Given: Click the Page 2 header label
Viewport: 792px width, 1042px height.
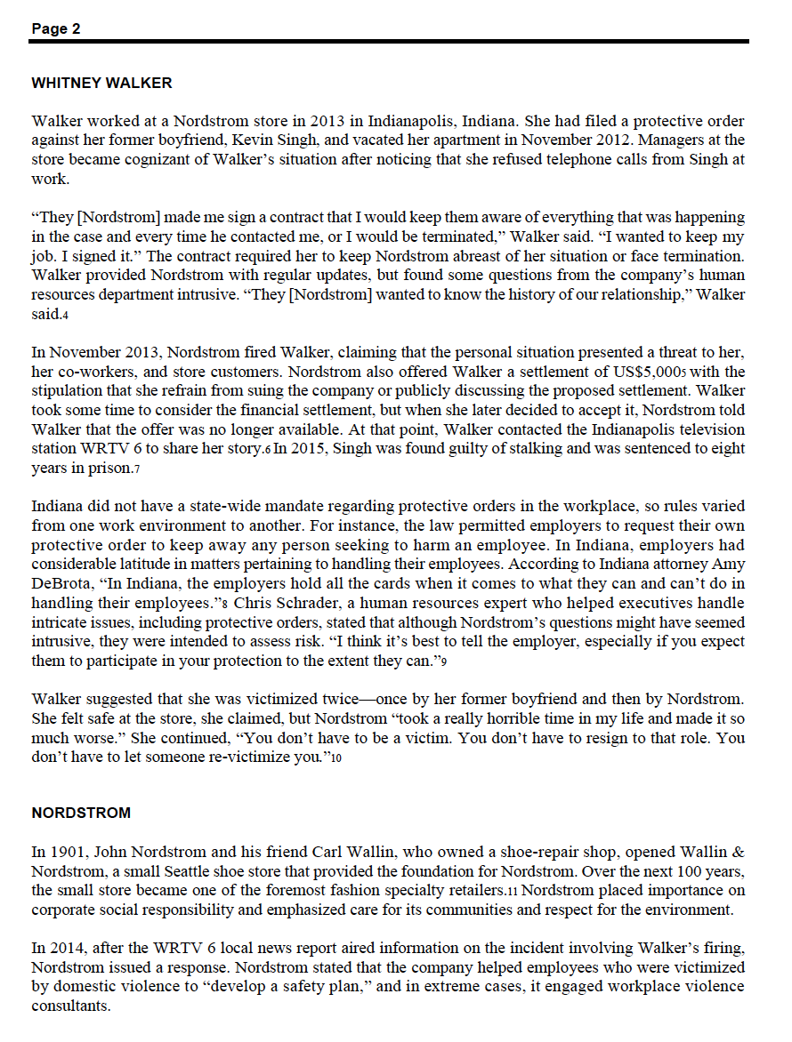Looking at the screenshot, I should point(56,28).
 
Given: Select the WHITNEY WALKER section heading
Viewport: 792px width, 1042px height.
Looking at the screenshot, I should point(101,84).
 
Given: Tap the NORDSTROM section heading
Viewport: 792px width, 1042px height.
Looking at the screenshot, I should point(81,813).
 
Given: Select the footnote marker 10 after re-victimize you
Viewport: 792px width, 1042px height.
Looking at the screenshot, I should point(336,758).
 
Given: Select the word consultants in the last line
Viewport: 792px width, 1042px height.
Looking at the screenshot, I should point(70,1006).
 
